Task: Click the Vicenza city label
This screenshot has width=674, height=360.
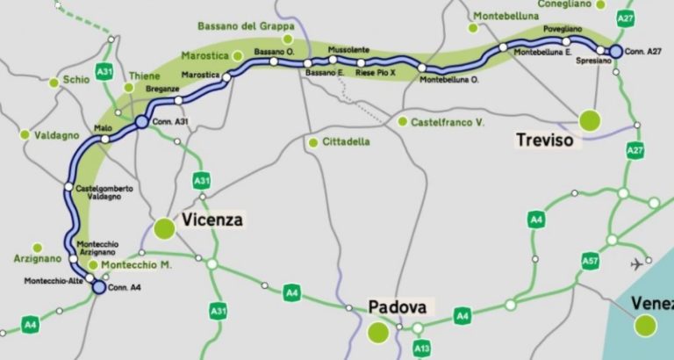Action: (x=212, y=220)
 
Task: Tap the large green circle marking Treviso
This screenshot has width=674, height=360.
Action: (x=589, y=119)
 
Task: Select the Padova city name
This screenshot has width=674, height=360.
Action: (x=397, y=307)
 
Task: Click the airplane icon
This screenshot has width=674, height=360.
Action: (x=635, y=264)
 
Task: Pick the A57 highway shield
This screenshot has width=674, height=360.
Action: (x=590, y=261)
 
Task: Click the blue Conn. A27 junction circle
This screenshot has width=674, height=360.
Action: (x=616, y=51)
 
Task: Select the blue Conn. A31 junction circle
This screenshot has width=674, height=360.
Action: (x=141, y=122)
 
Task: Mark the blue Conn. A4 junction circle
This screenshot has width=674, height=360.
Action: (x=98, y=286)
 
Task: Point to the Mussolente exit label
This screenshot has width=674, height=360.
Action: (x=348, y=49)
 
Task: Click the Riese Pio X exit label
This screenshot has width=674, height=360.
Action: (x=376, y=74)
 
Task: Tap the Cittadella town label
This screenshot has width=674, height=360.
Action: (x=345, y=141)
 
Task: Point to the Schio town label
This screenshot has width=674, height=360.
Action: (x=75, y=80)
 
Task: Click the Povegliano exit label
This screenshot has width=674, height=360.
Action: (x=562, y=29)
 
